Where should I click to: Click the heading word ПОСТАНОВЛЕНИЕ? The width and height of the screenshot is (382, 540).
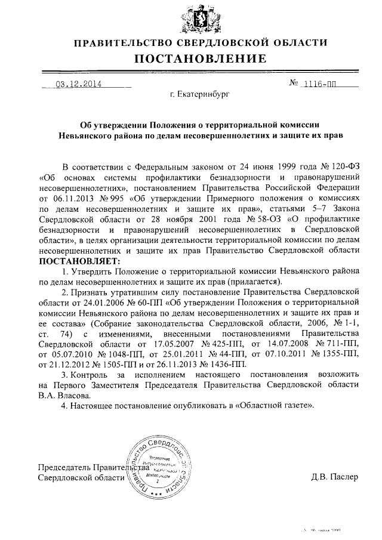pyautogui.click(x=200, y=58)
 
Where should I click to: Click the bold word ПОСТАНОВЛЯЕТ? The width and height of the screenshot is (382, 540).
pyautogui.click(x=79, y=261)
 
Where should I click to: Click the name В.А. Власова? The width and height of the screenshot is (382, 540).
pyautogui.click(x=65, y=395)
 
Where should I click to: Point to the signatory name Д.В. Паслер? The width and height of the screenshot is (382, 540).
pyautogui.click(x=334, y=477)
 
